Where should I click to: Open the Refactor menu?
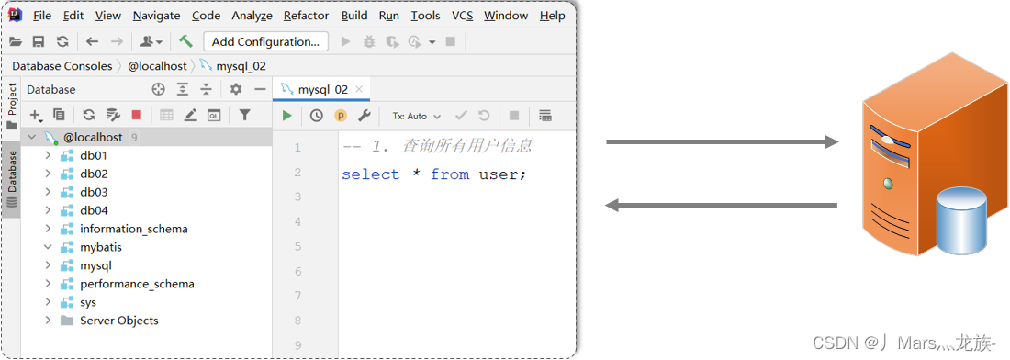(306, 16)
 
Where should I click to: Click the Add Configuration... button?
(265, 41)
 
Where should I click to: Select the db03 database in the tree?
(94, 192)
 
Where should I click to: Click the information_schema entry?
(133, 229)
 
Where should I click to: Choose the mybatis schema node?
(100, 247)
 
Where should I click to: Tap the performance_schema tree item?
(137, 284)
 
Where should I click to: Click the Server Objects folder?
(118, 321)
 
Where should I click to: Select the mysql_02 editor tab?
(321, 89)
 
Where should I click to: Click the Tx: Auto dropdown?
(416, 116)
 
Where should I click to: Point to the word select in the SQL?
(370, 174)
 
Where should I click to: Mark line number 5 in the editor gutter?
(297, 246)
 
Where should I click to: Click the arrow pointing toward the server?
(722, 142)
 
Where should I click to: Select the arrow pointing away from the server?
(722, 205)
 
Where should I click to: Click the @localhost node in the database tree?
(92, 137)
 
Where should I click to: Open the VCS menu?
(463, 16)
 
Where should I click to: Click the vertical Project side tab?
(12, 100)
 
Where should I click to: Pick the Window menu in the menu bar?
(506, 16)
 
